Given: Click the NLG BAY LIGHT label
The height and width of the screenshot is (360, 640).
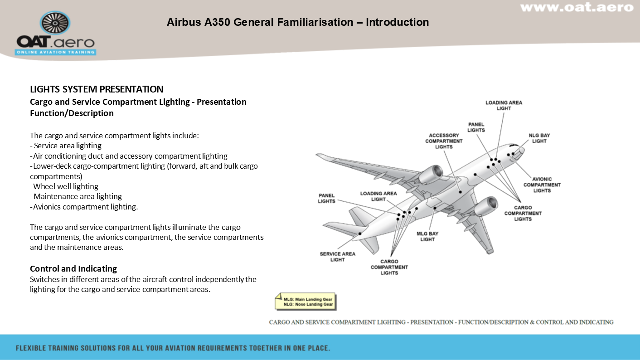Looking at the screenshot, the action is (x=539, y=138).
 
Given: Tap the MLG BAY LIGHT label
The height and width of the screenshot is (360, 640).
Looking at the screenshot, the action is (x=427, y=236).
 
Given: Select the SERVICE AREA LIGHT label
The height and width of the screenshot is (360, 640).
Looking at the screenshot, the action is (x=337, y=257).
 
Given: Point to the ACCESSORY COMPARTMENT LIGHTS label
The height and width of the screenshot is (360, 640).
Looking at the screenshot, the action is (x=444, y=141).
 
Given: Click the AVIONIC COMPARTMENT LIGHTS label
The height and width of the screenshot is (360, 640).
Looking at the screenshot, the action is (x=542, y=185).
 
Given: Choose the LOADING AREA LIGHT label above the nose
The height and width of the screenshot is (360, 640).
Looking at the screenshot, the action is (x=504, y=106).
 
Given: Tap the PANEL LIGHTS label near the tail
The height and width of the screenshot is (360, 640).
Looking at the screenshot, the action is (x=326, y=198).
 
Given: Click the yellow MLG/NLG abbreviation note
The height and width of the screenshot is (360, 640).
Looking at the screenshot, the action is (x=305, y=302).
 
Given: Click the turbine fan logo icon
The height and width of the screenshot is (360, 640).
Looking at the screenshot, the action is (x=55, y=23).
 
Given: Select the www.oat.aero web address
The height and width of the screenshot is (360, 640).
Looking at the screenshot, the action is (x=577, y=7).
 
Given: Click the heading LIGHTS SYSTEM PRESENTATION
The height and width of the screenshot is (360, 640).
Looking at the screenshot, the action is (x=97, y=89).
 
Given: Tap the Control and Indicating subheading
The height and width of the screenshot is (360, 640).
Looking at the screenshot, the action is (x=73, y=268).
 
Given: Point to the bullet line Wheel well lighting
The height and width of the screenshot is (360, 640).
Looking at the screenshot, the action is (x=64, y=186).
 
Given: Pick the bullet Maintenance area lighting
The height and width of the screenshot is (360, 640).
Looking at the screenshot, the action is (x=76, y=197).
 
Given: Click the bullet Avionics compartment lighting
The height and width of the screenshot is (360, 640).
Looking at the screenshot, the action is (x=84, y=207).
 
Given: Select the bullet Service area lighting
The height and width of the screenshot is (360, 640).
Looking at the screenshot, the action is (x=66, y=146).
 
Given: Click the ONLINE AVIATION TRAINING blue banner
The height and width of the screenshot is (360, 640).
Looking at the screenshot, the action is (x=55, y=52).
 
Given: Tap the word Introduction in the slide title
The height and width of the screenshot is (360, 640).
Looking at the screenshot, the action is (x=398, y=22).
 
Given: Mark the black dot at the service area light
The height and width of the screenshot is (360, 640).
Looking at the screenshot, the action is (x=360, y=234).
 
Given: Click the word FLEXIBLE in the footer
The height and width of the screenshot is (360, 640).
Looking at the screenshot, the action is (x=31, y=348).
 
